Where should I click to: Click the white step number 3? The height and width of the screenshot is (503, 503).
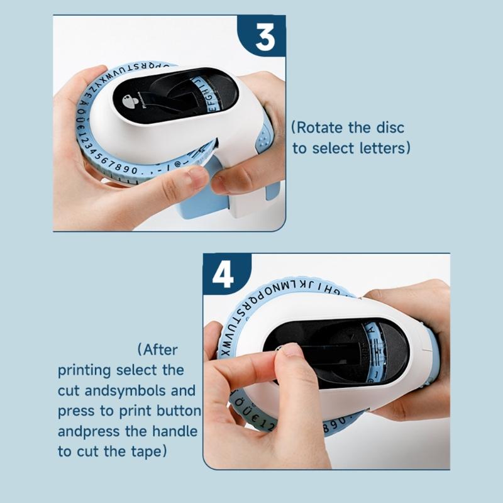[265, 38]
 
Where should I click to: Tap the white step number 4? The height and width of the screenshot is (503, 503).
[224, 275]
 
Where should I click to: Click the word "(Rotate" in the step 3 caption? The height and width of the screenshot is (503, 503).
[318, 128]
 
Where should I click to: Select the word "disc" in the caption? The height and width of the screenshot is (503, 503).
[390, 128]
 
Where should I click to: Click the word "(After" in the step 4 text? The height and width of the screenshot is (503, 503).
[157, 349]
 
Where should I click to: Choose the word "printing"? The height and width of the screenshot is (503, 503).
[84, 370]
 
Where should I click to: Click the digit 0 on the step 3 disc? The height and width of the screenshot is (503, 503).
[133, 171]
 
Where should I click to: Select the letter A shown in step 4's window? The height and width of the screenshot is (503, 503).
[370, 328]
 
